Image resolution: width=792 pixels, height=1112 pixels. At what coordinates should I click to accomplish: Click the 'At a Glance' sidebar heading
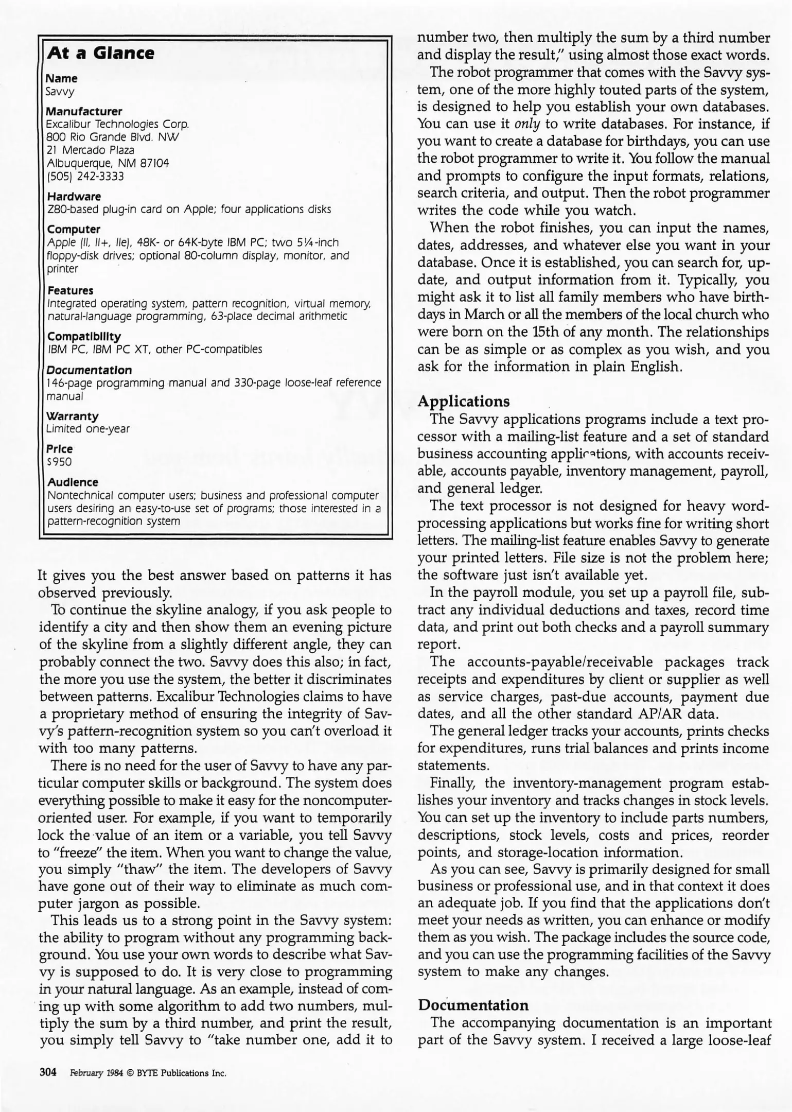(x=100, y=54)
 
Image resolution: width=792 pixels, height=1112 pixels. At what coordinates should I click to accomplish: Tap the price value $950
(x=59, y=462)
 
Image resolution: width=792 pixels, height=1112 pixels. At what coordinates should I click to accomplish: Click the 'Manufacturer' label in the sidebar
(x=84, y=111)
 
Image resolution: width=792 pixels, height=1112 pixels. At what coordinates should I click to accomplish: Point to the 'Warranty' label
(x=73, y=415)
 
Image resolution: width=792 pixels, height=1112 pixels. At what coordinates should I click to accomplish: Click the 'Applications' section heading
(x=464, y=401)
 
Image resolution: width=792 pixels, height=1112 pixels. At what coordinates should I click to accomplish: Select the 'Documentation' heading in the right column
(x=473, y=1005)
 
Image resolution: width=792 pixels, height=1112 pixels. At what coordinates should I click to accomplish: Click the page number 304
(x=47, y=1072)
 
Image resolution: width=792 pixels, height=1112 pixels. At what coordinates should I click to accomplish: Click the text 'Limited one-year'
(x=88, y=428)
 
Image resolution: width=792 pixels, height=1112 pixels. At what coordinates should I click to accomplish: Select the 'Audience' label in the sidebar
(x=73, y=482)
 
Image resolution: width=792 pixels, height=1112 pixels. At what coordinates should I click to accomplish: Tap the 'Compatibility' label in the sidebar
(x=84, y=336)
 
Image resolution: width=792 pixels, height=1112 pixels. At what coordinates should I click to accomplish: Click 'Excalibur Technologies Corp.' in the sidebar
(x=118, y=124)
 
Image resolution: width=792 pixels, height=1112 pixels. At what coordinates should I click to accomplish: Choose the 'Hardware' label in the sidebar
(x=74, y=196)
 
